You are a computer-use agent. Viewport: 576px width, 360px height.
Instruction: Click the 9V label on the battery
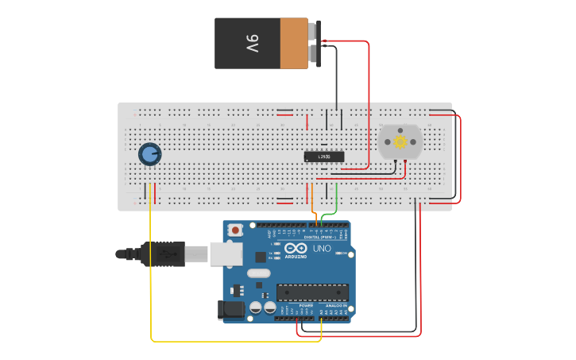(252, 44)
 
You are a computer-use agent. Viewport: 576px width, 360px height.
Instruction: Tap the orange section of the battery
(293, 44)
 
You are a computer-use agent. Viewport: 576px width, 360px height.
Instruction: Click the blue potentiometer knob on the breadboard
(149, 153)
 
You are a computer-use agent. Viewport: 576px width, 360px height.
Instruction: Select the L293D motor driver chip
(324, 157)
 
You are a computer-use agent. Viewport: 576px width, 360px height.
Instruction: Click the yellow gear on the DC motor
(400, 142)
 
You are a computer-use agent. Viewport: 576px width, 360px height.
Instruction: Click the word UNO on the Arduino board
(322, 249)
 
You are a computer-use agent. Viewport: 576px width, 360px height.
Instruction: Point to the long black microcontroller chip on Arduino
(311, 292)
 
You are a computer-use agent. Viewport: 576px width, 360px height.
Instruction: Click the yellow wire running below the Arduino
(238, 342)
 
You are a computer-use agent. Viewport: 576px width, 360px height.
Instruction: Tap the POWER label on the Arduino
(306, 305)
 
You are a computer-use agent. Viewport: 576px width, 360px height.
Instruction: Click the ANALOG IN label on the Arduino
(335, 305)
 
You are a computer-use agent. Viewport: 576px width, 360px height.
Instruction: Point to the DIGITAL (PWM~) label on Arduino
(317, 237)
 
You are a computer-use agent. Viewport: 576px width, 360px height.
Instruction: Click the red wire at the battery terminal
(350, 41)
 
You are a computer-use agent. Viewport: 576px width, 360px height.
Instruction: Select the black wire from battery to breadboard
(336, 79)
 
